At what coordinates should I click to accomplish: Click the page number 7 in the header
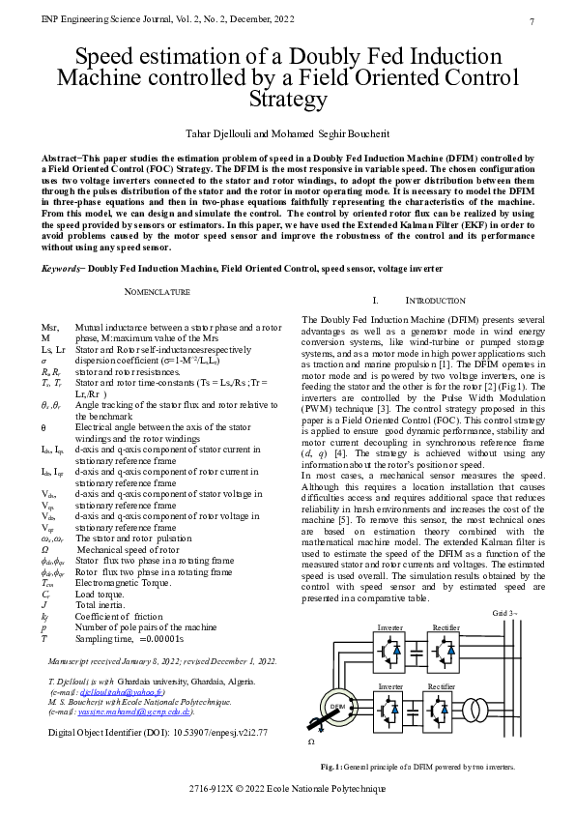pyautogui.click(x=532, y=21)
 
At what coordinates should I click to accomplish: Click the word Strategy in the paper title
pyautogui.click(x=287, y=99)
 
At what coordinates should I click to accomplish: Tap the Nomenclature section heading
pyautogui.click(x=158, y=291)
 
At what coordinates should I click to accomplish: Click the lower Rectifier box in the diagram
pyautogui.click(x=442, y=709)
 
